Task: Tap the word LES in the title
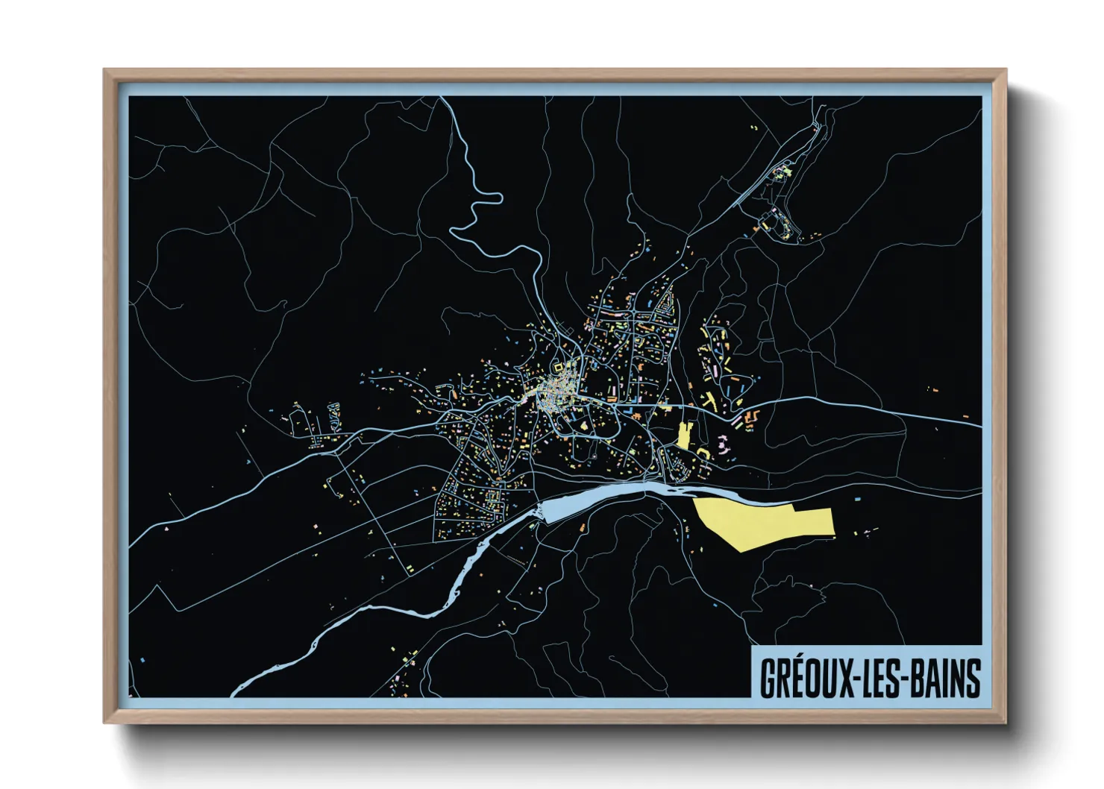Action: (879, 678)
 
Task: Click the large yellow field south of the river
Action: (768, 522)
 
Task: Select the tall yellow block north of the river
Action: (684, 436)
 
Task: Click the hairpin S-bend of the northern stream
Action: (477, 205)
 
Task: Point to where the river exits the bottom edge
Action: (236, 694)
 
